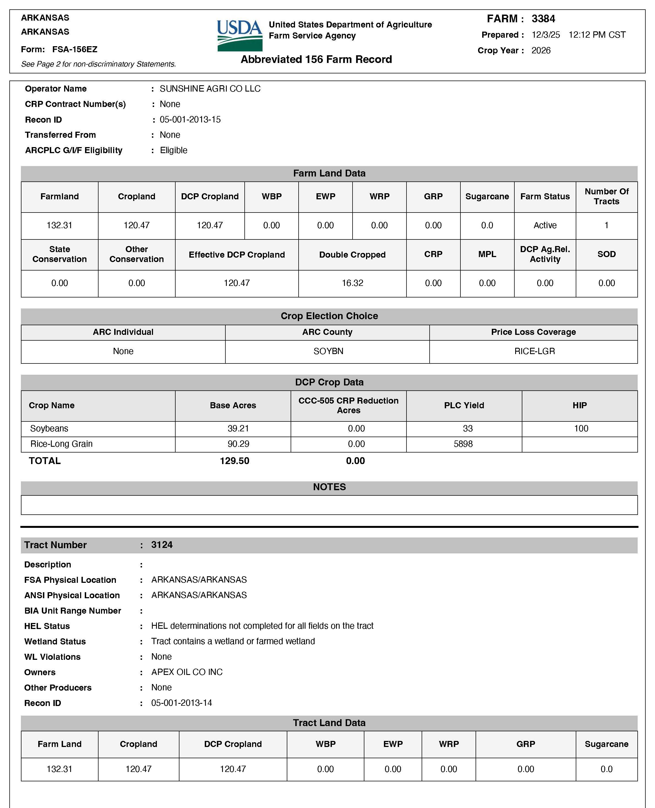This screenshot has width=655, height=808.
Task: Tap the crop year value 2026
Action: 541,51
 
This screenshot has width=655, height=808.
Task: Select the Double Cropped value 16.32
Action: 352,283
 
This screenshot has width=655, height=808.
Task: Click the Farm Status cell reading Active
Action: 545,225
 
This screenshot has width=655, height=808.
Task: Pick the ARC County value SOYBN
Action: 328,351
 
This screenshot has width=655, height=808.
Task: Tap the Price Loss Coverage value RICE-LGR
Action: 534,351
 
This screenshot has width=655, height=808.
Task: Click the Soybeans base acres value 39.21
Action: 238,429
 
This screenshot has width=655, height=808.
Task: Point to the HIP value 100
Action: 581,429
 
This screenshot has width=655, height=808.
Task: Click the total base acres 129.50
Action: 234,461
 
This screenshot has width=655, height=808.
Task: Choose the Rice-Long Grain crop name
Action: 61,444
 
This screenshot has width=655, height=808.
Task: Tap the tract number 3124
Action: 162,545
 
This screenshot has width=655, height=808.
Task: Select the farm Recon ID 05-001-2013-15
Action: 190,120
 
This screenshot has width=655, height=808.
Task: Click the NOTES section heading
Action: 329,487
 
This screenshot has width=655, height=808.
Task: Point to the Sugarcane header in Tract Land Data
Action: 606,744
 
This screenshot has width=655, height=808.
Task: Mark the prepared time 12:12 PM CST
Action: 597,35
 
